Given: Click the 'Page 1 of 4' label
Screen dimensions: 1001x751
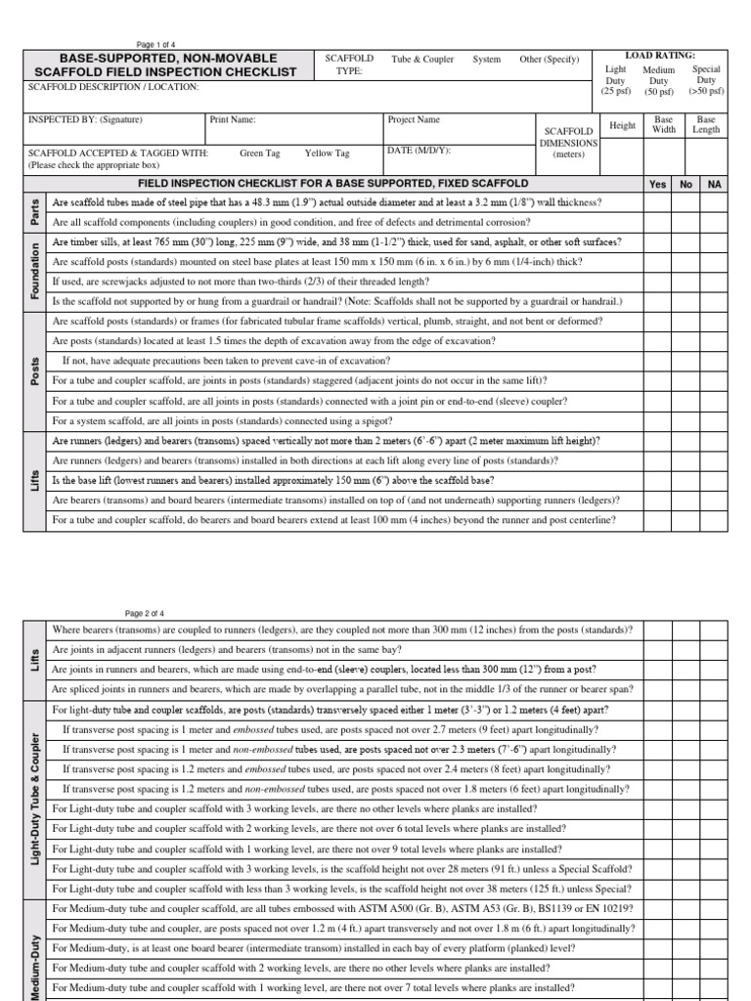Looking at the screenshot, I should [155, 44].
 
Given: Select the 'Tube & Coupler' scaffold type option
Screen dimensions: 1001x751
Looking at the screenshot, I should [422, 60].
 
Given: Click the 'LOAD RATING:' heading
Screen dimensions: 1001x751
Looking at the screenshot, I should [661, 56].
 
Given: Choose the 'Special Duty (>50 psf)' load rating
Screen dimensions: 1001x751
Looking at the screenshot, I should [706, 81].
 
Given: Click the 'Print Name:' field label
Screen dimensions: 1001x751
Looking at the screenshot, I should [234, 120].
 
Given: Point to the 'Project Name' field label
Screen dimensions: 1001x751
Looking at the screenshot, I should [414, 120].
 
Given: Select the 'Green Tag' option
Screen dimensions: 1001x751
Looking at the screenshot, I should [259, 153].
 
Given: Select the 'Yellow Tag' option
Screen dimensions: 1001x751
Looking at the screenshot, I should [327, 153].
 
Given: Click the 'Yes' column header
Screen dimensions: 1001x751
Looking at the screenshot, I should [657, 184].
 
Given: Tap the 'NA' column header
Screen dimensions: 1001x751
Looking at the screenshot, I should [714, 184].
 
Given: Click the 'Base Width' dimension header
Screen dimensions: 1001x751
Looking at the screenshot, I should [664, 125].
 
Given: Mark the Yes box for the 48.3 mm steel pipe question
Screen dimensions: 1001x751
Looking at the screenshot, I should [657, 202].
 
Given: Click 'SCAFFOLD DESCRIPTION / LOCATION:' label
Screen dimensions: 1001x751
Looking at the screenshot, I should [113, 87].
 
